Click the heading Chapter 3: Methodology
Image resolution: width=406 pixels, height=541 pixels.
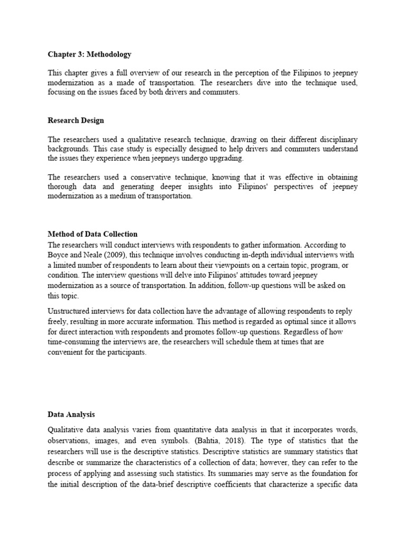pyautogui.click(x=89, y=54)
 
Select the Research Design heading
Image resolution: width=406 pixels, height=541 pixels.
pyautogui.click(x=76, y=120)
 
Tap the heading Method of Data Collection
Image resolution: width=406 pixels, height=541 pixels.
pyautogui.click(x=93, y=234)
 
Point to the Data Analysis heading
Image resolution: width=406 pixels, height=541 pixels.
pyautogui.click(x=71, y=415)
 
